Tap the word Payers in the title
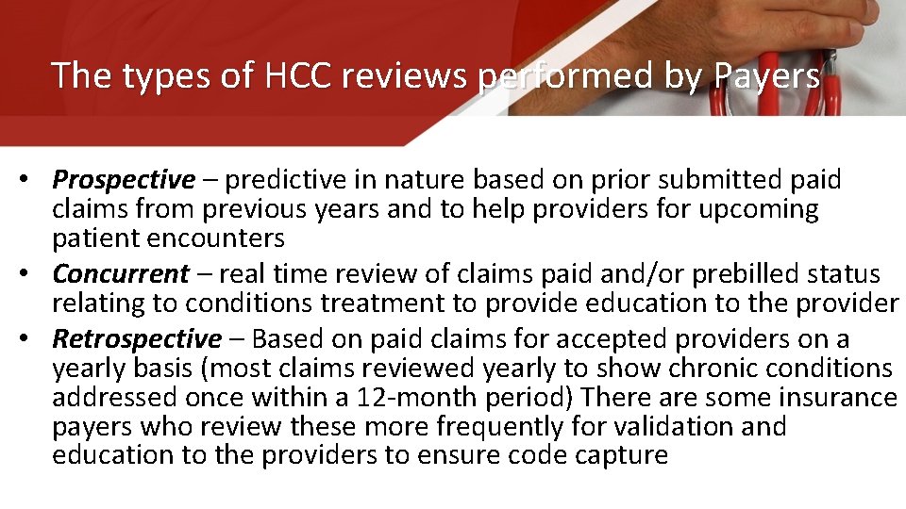click(765, 75)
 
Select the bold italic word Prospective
click(124, 179)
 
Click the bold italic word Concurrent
click(121, 274)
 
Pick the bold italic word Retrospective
click(137, 338)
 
